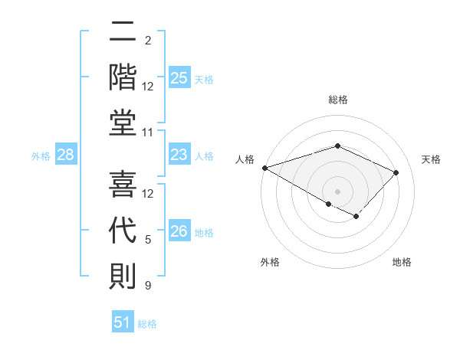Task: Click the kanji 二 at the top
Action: [x=123, y=32]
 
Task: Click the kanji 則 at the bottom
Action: [x=123, y=275]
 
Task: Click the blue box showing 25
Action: [x=179, y=77]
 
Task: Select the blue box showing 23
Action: [x=179, y=155]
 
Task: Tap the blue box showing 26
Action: [x=179, y=231]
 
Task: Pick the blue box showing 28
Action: [x=66, y=155]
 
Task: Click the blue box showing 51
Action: [x=123, y=322]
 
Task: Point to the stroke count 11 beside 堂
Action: [x=149, y=133]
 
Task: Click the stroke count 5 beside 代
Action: [x=148, y=241]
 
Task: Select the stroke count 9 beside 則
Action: [x=148, y=286]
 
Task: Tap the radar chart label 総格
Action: [x=337, y=100]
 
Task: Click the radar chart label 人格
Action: [x=245, y=159]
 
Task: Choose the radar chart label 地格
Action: [x=402, y=262]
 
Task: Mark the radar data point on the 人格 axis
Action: [x=264, y=167]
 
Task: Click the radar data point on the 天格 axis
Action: [x=396, y=172]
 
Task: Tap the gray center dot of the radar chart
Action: [x=337, y=191]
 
